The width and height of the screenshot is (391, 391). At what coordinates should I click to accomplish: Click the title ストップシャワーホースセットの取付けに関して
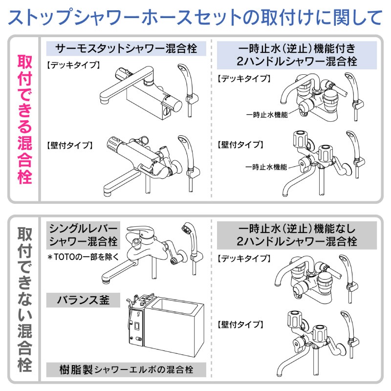(195, 18)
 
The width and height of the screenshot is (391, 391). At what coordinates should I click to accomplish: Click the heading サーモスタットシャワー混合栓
(126, 49)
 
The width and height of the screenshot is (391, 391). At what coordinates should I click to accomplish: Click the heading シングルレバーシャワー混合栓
(83, 235)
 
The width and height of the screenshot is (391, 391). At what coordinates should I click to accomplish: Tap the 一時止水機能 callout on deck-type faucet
(267, 114)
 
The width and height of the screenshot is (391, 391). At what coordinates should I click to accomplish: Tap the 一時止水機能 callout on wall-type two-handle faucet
(267, 167)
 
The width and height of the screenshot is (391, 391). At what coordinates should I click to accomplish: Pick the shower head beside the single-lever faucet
(186, 229)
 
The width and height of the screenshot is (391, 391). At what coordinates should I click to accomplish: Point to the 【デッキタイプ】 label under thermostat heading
(67, 65)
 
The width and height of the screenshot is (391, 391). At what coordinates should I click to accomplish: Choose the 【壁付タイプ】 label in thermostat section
(67, 145)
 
